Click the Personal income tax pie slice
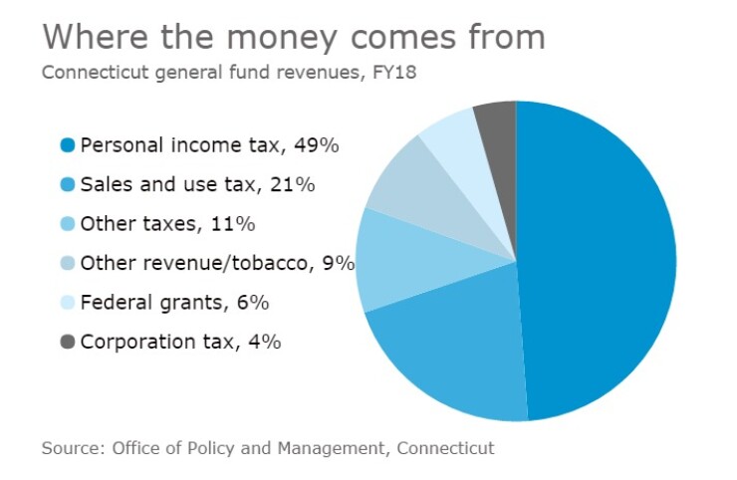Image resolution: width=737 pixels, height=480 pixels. click(598, 259)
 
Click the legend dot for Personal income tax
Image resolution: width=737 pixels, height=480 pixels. click(68, 145)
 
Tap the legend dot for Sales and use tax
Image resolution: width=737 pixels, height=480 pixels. click(68, 184)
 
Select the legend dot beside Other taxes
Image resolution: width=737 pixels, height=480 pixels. click(68, 224)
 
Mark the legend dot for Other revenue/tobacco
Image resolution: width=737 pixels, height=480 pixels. click(68, 263)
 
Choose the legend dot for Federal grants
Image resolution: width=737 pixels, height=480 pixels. click(68, 303)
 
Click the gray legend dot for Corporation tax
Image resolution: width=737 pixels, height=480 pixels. click(68, 342)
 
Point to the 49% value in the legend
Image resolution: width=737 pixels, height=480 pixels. click(319, 145)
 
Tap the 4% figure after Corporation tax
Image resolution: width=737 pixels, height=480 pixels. click(263, 342)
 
